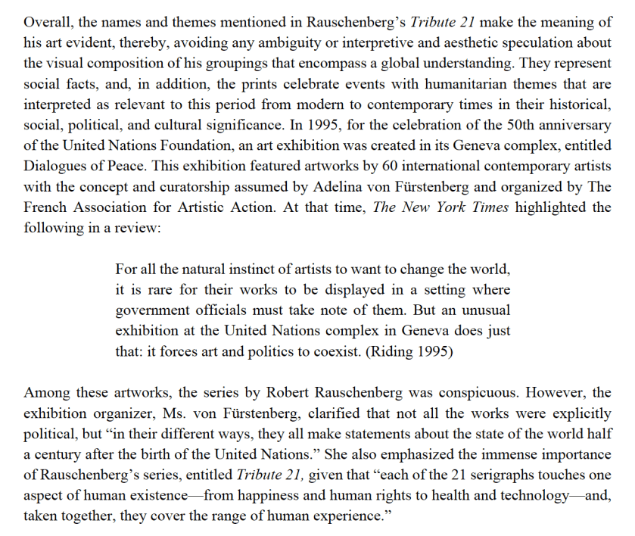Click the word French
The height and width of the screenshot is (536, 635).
pyautogui.click(x=45, y=207)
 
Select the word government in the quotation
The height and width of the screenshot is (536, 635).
pyautogui.click(x=152, y=310)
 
